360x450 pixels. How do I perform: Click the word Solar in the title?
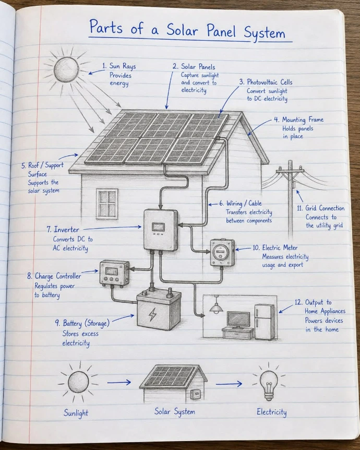pos(183,30)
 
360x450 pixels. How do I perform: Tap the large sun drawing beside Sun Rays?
pos(66,69)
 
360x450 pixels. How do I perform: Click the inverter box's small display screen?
pos(158,227)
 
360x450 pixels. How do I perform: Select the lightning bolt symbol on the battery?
pos(152,314)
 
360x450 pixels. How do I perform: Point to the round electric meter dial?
pos(221,250)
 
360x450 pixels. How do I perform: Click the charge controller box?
pos(114,273)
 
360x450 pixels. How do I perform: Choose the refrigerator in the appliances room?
pos(265,322)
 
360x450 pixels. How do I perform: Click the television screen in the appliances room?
pos(238,319)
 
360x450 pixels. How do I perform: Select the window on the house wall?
pos(107,203)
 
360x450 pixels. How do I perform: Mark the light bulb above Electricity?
pos(269,385)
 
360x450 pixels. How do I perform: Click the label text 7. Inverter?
pos(63,230)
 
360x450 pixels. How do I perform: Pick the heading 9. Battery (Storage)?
pos(82,324)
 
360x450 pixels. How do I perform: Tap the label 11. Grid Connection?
pos(321,208)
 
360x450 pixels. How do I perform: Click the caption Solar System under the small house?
pos(175,411)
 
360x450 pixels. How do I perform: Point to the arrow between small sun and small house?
pos(119,382)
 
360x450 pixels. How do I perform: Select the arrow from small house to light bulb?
pos(229,383)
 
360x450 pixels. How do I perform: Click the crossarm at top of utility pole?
pos(290,171)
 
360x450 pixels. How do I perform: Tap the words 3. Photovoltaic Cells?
pos(266,82)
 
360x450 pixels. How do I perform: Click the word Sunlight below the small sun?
pos(76,413)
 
